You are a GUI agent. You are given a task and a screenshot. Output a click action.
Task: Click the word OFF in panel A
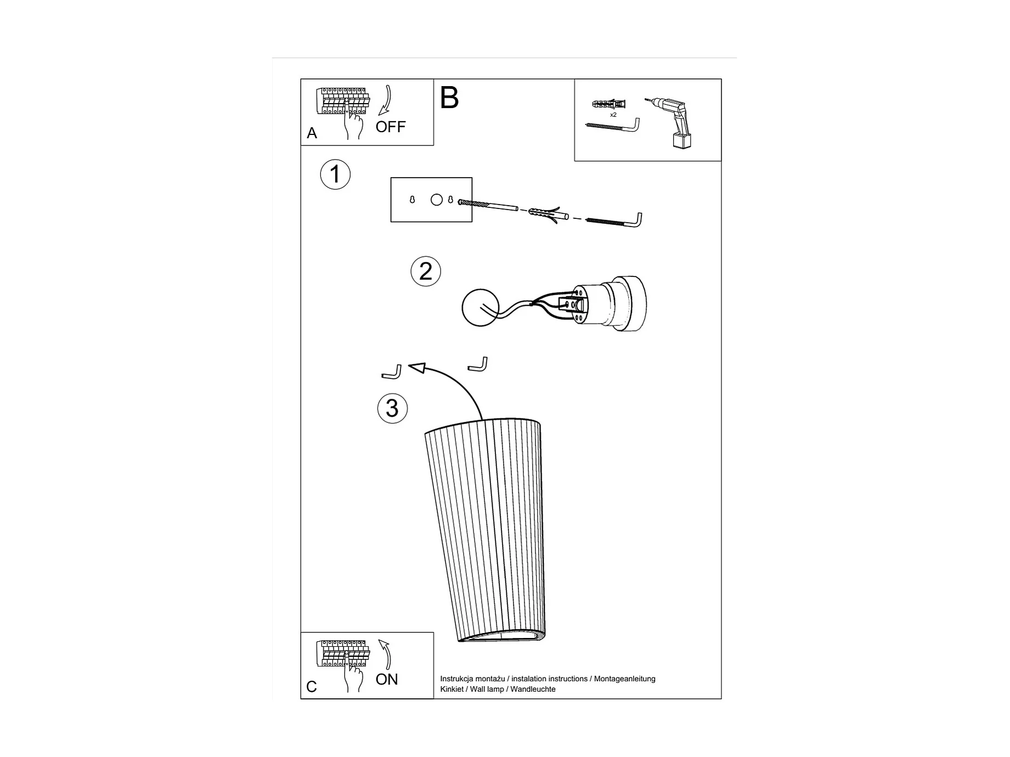click(390, 127)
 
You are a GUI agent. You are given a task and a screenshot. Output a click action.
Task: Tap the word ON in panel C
click(387, 679)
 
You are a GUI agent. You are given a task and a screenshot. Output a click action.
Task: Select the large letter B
click(449, 98)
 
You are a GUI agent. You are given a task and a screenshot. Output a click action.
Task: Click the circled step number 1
click(335, 174)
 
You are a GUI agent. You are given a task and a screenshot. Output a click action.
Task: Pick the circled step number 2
click(426, 271)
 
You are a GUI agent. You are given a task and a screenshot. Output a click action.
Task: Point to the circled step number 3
click(392, 408)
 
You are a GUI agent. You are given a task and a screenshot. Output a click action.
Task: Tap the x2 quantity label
click(613, 115)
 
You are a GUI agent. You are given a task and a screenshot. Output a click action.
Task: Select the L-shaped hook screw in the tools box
click(613, 126)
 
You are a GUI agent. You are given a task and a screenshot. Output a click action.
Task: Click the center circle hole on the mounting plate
click(437, 200)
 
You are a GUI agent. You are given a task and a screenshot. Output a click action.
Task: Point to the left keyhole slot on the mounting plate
click(413, 200)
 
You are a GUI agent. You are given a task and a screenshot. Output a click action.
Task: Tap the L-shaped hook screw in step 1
click(614, 221)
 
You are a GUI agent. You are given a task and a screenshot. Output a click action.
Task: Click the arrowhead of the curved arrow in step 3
click(417, 368)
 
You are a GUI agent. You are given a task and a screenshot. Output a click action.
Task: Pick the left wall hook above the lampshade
click(392, 373)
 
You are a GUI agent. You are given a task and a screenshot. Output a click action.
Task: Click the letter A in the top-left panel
click(312, 133)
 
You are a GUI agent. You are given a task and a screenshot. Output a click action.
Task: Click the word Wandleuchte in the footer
click(533, 690)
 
